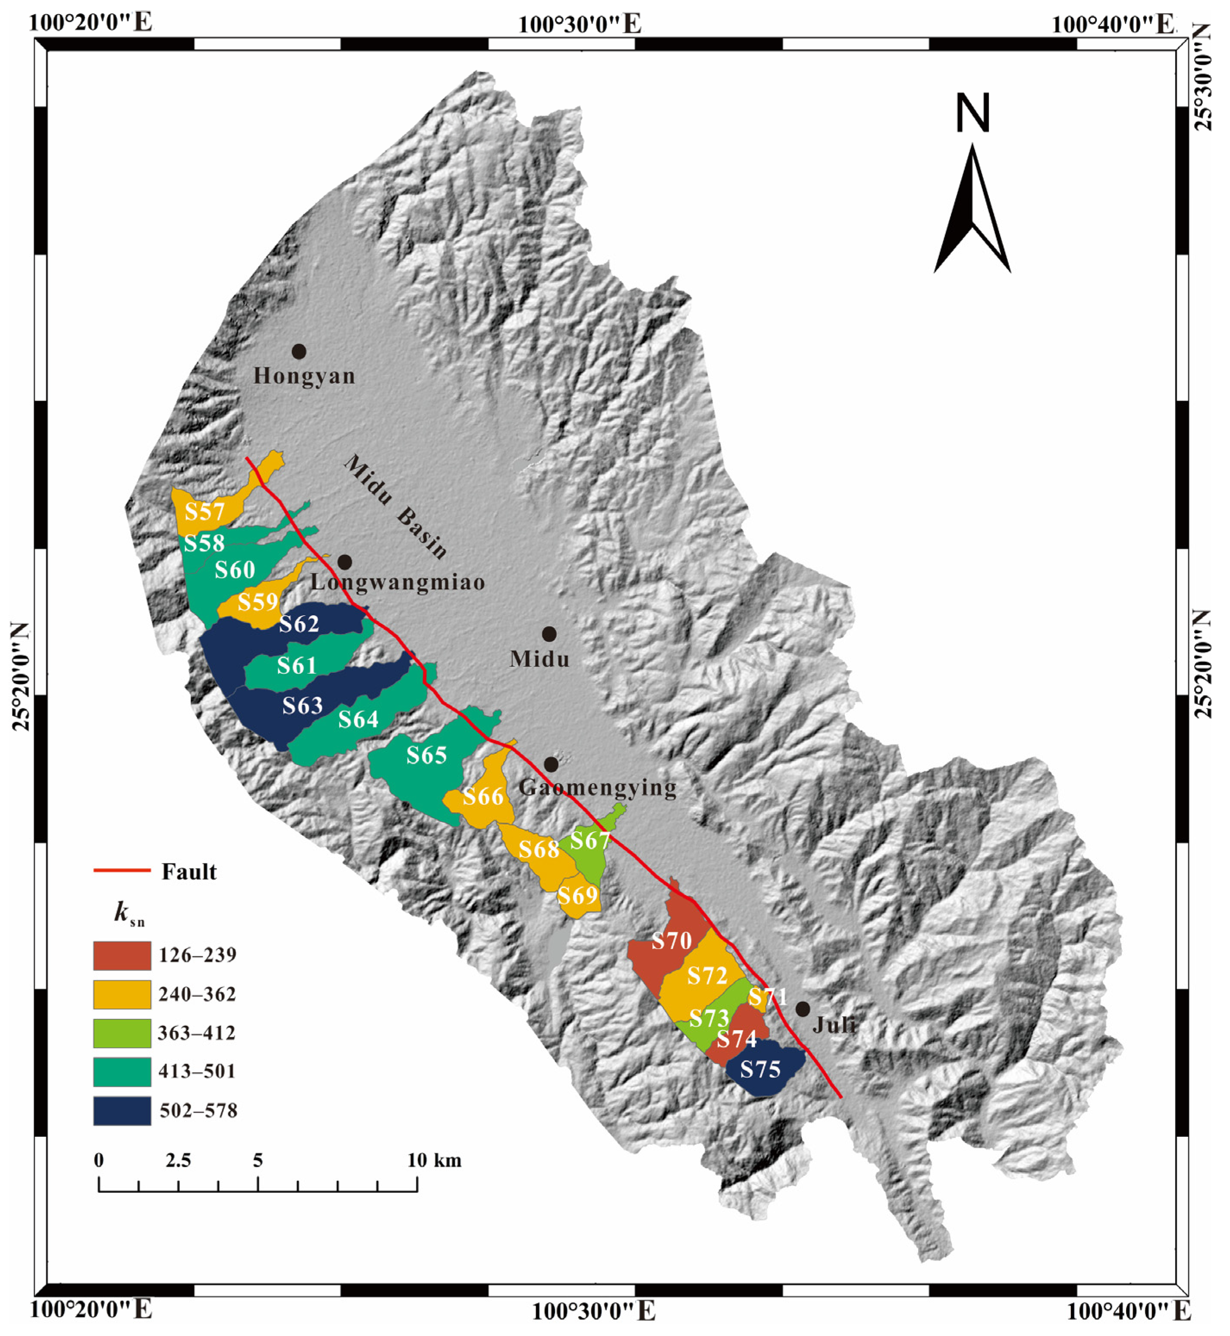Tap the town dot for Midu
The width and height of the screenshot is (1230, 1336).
point(549,634)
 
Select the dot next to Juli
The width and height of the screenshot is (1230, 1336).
point(803,1009)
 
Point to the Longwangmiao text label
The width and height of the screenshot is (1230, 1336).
point(397,582)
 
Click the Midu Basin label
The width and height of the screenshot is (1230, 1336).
point(395,506)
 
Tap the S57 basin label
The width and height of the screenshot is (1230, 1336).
point(204,511)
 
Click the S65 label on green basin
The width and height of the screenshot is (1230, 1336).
point(426,755)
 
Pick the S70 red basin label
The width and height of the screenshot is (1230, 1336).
point(671,940)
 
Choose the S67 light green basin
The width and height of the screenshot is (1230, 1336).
point(590,840)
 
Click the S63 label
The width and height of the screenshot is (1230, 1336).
point(302,705)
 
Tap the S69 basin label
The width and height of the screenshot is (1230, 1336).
point(577,895)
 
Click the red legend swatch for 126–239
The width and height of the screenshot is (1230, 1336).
point(122,955)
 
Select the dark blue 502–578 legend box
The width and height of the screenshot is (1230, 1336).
point(122,1111)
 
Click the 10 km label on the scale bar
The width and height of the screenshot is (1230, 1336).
point(434,1160)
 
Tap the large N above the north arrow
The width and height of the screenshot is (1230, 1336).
point(973,113)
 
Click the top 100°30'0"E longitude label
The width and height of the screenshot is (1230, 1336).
point(580,25)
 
